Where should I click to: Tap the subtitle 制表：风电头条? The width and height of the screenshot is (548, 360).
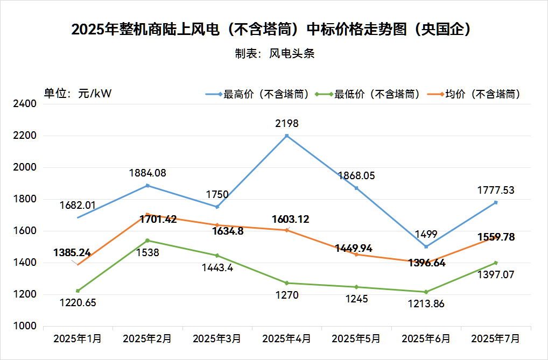(x=274, y=54)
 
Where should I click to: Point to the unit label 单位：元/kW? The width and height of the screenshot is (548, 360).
(x=78, y=94)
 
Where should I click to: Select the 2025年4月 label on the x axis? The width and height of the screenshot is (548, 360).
(x=286, y=339)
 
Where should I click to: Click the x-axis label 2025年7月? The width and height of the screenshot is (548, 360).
(x=495, y=339)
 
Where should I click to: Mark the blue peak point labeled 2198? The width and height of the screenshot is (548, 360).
(x=287, y=136)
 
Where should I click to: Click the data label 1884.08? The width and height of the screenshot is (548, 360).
(x=147, y=173)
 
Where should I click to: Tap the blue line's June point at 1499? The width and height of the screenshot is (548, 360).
(x=426, y=246)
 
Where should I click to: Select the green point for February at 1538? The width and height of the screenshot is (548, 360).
(x=147, y=241)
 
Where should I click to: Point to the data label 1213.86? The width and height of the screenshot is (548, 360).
(x=426, y=304)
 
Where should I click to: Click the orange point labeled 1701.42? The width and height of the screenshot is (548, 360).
(x=147, y=214)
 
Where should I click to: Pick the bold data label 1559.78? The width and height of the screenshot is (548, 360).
(x=495, y=237)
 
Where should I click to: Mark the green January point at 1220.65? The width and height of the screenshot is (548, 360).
(x=78, y=291)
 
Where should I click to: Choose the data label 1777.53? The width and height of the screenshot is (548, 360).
(x=495, y=190)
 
